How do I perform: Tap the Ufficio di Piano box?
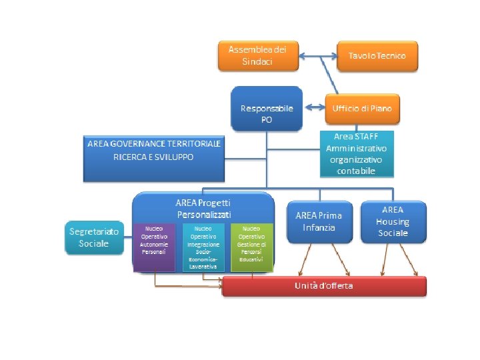tap(363, 108)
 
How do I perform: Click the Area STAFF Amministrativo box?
tap(357, 153)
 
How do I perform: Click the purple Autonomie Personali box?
tap(153, 247)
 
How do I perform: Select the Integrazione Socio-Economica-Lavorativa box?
tap(203, 247)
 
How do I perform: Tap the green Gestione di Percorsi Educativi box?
tap(252, 247)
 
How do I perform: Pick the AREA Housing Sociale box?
tap(393, 222)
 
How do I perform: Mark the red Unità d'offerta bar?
tap(324, 286)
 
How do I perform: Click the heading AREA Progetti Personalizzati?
tap(204, 209)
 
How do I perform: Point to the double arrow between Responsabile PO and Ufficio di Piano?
tap(314, 108)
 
